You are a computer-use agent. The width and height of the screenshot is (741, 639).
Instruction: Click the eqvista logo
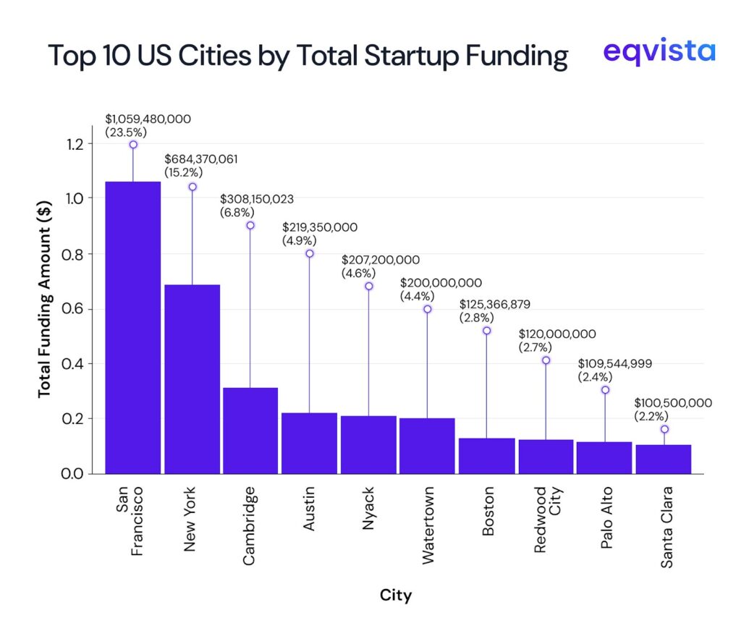point(659,52)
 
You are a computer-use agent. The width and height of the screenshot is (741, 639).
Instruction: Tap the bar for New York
point(192,379)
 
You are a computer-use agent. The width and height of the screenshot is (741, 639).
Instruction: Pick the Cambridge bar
point(250,431)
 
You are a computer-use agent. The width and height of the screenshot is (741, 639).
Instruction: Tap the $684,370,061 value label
point(201,159)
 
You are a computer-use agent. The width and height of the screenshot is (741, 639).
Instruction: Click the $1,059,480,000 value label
point(148,119)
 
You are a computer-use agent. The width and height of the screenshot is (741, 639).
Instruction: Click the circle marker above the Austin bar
point(310,253)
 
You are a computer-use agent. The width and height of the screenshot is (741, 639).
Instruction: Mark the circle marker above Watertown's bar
point(428,309)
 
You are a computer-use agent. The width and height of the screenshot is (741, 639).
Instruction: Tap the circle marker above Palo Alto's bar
point(605,390)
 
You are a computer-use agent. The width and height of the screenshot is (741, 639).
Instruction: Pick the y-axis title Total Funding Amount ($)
point(44,308)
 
